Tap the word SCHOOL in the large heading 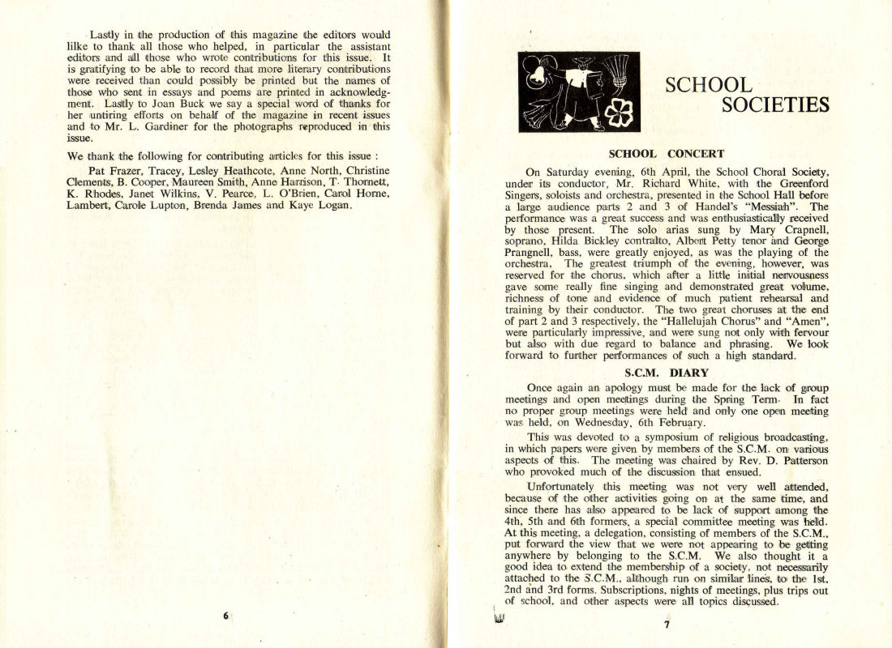pos(708,84)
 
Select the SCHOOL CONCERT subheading pos(666,154)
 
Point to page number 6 pos(225,616)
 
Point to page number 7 pos(667,624)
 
